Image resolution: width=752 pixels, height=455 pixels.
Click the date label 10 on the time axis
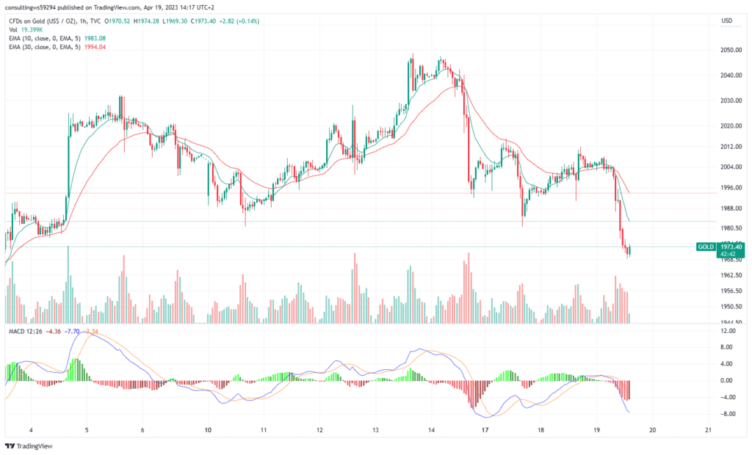point(209,430)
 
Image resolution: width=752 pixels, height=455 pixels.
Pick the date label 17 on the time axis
point(485,430)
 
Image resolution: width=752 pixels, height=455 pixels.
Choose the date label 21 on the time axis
point(707,430)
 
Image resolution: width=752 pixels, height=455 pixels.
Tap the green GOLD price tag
point(705,247)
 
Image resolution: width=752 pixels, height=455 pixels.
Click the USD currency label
point(727,21)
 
